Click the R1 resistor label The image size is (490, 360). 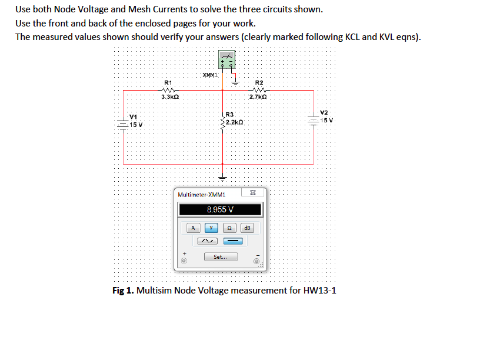pyautogui.click(x=168, y=82)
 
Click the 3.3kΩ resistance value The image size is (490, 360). pyautogui.click(x=170, y=96)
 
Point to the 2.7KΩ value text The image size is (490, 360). pyautogui.click(x=259, y=96)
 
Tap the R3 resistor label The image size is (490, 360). pyautogui.click(x=230, y=113)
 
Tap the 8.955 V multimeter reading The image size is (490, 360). pyautogui.click(x=221, y=209)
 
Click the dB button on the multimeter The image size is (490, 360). pyautogui.click(x=247, y=227)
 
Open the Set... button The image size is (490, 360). pyautogui.click(x=221, y=256)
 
